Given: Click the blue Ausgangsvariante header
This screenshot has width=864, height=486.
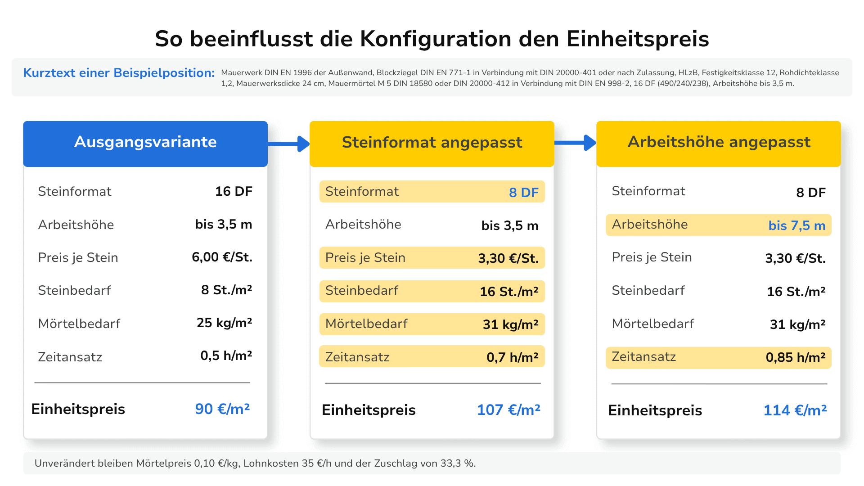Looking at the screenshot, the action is pyautogui.click(x=145, y=144).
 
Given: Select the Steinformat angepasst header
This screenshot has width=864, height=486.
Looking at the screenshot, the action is pyautogui.click(x=432, y=144).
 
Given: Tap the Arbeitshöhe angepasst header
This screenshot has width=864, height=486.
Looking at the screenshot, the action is pyautogui.click(x=719, y=144).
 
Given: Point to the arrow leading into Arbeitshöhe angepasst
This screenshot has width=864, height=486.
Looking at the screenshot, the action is pyautogui.click(x=576, y=143).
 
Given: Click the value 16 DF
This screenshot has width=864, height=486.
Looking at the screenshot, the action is pyautogui.click(x=234, y=191).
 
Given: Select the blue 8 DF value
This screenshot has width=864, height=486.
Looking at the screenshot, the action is pyautogui.click(x=524, y=193).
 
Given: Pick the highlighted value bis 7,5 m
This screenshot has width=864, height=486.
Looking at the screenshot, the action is pyautogui.click(x=797, y=225).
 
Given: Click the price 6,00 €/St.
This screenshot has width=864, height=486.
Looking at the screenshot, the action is pyautogui.click(x=222, y=257).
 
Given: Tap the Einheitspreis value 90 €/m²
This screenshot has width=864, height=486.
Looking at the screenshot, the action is pyautogui.click(x=222, y=409).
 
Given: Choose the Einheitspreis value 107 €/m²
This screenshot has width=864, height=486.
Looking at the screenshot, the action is pyautogui.click(x=508, y=409).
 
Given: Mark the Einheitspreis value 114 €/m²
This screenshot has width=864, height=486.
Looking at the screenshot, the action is pyautogui.click(x=795, y=410).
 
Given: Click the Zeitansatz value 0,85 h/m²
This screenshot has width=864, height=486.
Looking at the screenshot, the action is pyautogui.click(x=796, y=357).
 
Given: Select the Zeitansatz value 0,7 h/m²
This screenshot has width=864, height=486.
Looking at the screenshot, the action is pyautogui.click(x=513, y=357).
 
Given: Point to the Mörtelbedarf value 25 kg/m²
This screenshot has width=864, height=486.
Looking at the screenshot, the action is pyautogui.click(x=225, y=323).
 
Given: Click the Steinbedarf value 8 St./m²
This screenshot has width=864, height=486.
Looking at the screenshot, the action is pyautogui.click(x=227, y=290).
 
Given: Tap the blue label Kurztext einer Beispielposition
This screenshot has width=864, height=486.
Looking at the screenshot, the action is pyautogui.click(x=119, y=73).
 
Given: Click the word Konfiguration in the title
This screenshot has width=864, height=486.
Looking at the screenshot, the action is pyautogui.click(x=436, y=39).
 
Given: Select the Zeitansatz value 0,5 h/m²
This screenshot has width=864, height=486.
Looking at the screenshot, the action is pyautogui.click(x=226, y=355).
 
